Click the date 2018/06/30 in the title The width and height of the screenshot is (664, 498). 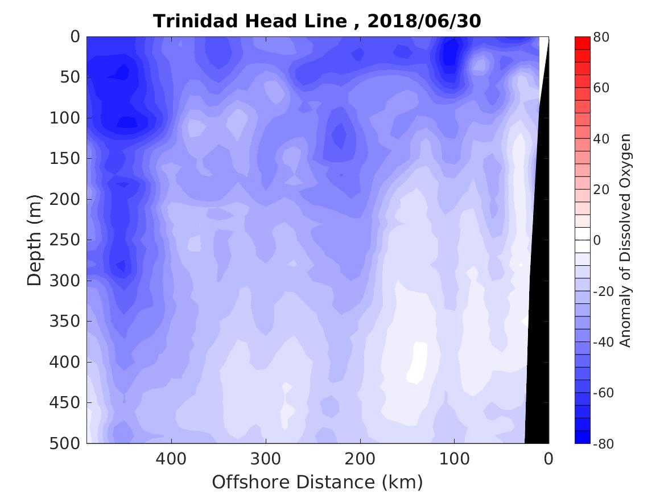tap(424, 21)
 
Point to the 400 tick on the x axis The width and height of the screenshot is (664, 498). tap(171, 458)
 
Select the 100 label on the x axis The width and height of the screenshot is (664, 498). tap(454, 458)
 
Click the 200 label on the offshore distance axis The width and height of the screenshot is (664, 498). tap(360, 458)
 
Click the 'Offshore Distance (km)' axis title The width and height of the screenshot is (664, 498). tap(317, 482)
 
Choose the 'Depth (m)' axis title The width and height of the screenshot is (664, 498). tap(35, 240)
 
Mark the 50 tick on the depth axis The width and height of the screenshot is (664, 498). tap(68, 77)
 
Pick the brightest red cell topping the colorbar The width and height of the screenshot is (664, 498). tap(583, 43)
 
